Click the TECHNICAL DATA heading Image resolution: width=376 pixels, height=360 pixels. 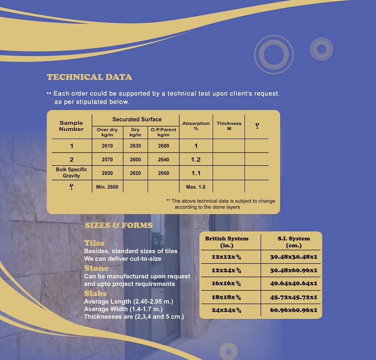point(89,77)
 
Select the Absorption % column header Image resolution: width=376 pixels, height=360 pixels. point(196,126)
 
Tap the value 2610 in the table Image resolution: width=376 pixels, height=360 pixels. point(107,146)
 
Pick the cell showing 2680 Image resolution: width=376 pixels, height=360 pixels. point(163,146)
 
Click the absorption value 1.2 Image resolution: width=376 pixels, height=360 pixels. point(196,160)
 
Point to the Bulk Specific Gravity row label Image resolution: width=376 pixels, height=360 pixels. point(71,172)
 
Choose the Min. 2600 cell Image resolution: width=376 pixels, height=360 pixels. point(107,187)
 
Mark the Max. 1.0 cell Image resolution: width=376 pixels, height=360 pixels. point(196,187)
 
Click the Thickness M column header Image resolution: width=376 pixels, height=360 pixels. point(229,126)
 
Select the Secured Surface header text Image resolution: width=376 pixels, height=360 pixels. point(137,120)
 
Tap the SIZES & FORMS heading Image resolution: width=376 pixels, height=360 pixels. point(118,225)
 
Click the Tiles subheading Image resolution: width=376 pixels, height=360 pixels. point(94,243)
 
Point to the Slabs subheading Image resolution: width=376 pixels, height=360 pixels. point(95,293)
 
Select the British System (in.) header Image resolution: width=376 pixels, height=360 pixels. point(227,242)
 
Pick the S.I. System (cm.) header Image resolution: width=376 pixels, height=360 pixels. point(294,242)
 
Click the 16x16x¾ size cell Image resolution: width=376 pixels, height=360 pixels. point(227,284)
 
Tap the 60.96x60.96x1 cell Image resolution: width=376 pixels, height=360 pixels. point(294,310)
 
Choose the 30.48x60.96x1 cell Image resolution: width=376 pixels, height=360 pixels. point(294,270)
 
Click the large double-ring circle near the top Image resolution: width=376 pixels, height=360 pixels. point(273,54)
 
